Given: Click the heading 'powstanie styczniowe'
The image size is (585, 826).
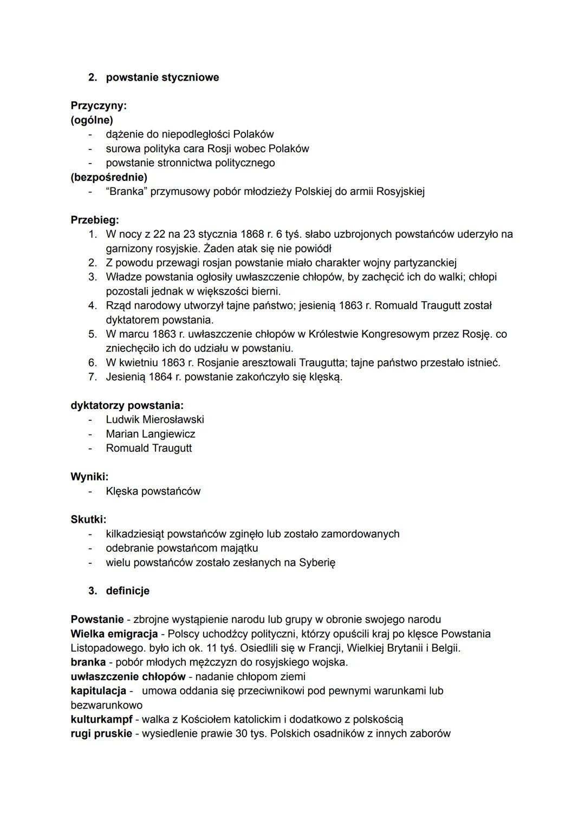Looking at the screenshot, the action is (162, 77).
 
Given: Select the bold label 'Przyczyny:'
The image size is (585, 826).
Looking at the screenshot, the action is (98, 106).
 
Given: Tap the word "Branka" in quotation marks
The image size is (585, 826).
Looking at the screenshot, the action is (126, 191).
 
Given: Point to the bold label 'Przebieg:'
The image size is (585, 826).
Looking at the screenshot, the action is (95, 220).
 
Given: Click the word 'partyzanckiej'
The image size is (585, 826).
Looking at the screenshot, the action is (425, 263).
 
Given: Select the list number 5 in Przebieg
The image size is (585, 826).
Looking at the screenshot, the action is (93, 334).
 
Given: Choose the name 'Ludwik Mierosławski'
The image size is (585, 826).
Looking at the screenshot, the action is (155, 419).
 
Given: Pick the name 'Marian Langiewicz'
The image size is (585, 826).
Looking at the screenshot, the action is (151, 434).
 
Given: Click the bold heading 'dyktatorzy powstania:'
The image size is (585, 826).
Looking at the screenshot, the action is (127, 405).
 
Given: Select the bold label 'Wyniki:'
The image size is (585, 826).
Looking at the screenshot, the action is (89, 477).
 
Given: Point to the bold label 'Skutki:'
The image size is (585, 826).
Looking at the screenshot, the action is (88, 519).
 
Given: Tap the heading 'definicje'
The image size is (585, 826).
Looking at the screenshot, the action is (127, 590).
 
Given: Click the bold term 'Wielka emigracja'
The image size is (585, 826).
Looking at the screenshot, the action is (114, 634).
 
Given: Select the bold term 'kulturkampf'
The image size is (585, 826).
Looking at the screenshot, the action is (101, 719).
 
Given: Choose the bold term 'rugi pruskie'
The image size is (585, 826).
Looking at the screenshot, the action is (101, 733).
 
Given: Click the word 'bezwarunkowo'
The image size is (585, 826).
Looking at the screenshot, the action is (107, 705).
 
